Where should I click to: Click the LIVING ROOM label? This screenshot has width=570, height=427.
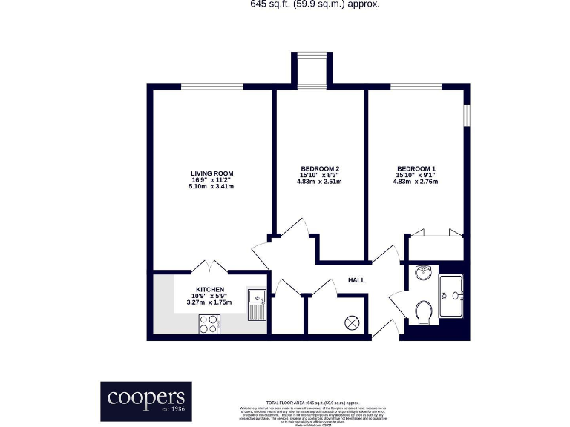pyautogui.click(x=212, y=173)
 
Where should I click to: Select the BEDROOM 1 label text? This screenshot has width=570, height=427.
pyautogui.click(x=416, y=168)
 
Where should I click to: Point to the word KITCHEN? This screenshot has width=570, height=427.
pyautogui.click(x=210, y=290)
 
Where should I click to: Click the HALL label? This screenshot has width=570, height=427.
pyautogui.click(x=357, y=280)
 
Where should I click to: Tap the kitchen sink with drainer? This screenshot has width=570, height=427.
pyautogui.click(x=257, y=304)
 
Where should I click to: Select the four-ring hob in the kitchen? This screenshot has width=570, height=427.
pyautogui.click(x=209, y=323)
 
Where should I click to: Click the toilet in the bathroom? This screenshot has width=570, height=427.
pyautogui.click(x=425, y=313)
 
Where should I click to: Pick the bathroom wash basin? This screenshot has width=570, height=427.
pyautogui.click(x=424, y=273)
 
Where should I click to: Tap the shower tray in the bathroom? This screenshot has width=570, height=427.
pyautogui.click(x=451, y=296)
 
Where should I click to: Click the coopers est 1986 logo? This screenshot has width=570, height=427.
pyautogui.click(x=146, y=401)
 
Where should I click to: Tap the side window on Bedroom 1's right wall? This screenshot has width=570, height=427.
pyautogui.click(x=467, y=116)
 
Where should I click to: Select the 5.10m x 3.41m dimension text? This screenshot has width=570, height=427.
pyautogui.click(x=212, y=186)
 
